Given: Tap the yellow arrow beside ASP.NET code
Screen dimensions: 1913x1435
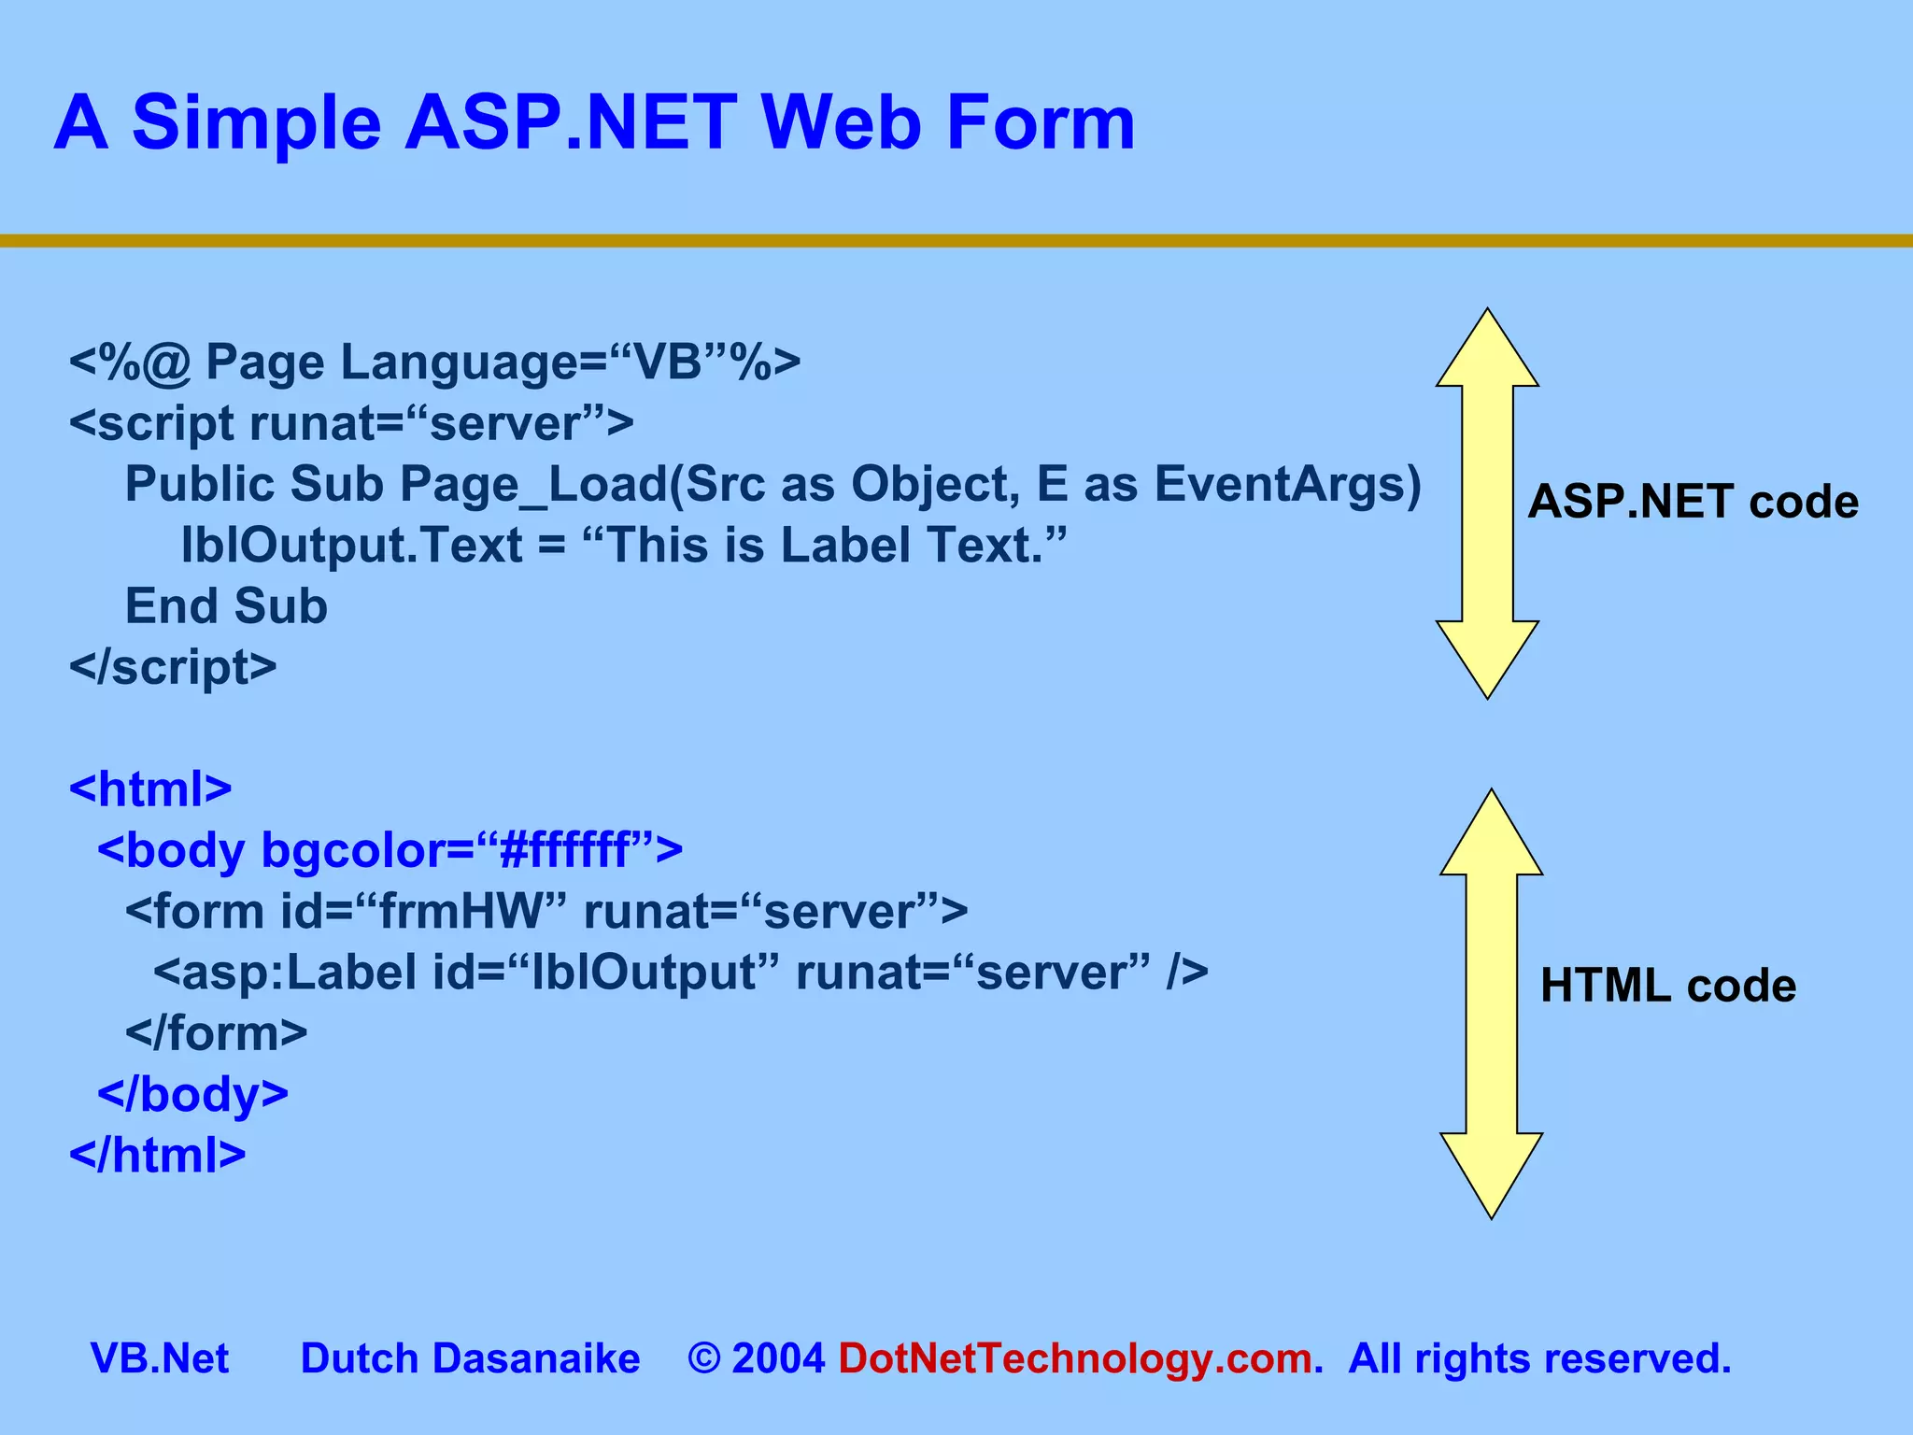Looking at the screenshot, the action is click(x=1486, y=504).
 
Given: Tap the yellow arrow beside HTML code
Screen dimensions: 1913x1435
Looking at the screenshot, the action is click(x=1491, y=1003).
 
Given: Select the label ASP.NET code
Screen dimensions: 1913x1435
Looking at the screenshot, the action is click(x=1693, y=503).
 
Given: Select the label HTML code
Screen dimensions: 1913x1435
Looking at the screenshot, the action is click(x=1667, y=986).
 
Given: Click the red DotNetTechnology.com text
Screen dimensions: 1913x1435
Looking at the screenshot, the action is click(x=1075, y=1358).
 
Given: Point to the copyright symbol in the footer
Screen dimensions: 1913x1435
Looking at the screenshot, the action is click(x=703, y=1359).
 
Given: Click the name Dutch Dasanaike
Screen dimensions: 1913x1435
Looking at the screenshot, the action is click(x=470, y=1358).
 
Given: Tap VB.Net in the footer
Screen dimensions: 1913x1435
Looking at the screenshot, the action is click(x=160, y=1358).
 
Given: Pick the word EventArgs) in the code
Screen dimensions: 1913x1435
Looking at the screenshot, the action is click(x=1287, y=485).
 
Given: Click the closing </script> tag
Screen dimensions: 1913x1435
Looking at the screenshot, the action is click(x=173, y=667).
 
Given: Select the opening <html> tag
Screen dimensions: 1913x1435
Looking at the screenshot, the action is click(x=150, y=789).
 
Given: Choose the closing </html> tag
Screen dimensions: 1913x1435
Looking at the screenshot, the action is click(x=157, y=1155).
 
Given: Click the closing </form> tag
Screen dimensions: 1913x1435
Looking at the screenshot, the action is click(x=216, y=1033).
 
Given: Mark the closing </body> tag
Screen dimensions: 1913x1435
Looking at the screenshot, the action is click(x=192, y=1094).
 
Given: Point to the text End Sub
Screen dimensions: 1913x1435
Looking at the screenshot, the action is click(x=226, y=606).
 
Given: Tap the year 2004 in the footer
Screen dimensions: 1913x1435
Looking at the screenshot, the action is click(x=778, y=1358).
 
